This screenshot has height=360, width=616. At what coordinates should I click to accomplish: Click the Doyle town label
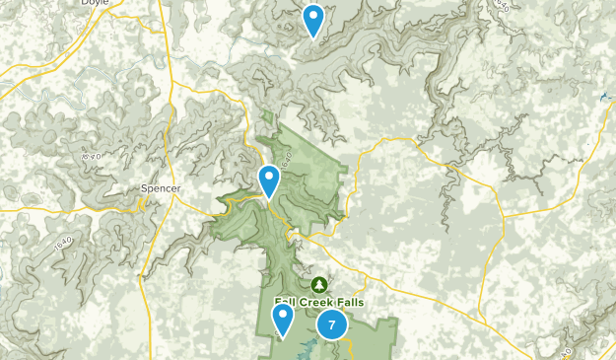pyautogui.click(x=96, y=4)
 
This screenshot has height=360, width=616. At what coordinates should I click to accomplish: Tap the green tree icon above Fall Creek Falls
pyautogui.click(x=317, y=284)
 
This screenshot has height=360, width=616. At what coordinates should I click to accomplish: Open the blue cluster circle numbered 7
pyautogui.click(x=332, y=324)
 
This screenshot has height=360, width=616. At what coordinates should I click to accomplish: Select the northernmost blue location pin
pyautogui.click(x=313, y=19)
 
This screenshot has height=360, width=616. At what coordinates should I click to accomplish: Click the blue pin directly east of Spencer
pyautogui.click(x=269, y=180)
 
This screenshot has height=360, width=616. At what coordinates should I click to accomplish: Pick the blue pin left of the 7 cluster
pyautogui.click(x=283, y=318)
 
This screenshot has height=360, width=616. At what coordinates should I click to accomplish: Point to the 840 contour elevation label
pyautogui.click(x=90, y=156)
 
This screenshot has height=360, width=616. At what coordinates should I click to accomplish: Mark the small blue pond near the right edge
pyautogui.click(x=603, y=96)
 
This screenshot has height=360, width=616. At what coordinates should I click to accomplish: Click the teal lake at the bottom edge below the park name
pyautogui.click(x=307, y=350)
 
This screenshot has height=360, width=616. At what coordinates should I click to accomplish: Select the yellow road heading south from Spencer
pyautogui.click(x=158, y=247)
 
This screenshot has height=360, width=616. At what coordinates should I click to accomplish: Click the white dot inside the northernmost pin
pyautogui.click(x=313, y=15)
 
